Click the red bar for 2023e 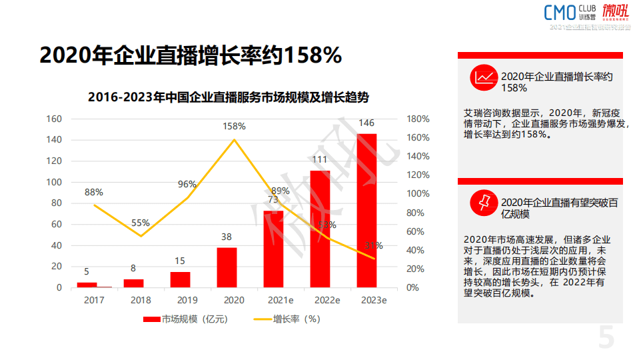pos(366,210)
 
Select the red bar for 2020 pos(227,267)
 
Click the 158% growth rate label pos(234,126)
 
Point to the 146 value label pos(366,123)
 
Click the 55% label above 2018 pos(140,223)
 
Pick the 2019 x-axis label pos(180,301)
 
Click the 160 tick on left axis pos(54,119)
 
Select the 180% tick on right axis pos(418,119)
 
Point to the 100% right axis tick pos(418,194)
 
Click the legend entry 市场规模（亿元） pos(186,319)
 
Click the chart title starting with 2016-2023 pos(229,97)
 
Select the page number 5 pos(606,337)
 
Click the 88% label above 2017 pos(93,192)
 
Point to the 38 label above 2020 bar pos(227,237)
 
